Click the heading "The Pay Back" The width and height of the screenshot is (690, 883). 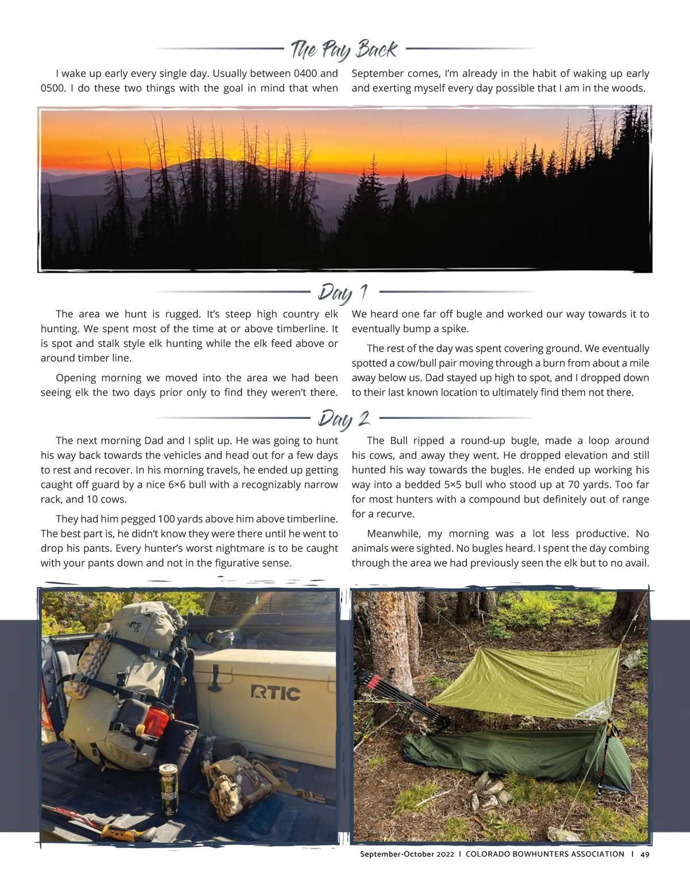[344, 50]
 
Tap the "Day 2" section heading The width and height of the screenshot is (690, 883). [343, 418]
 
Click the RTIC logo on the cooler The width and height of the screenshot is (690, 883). [275, 693]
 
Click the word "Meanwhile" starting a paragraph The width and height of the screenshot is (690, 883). [392, 534]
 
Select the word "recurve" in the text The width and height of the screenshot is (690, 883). [392, 514]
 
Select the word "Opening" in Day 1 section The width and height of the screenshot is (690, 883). [77, 378]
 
